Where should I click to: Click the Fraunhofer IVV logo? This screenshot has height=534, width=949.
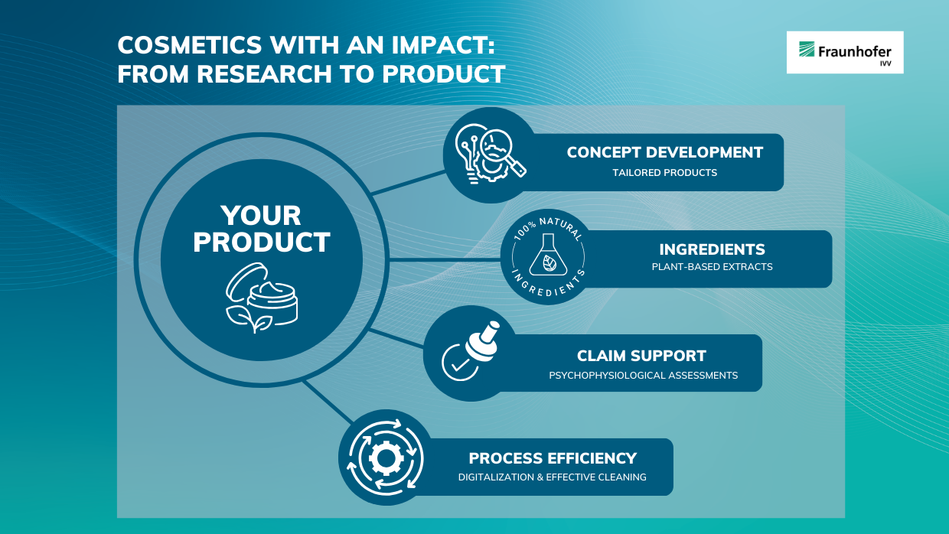click(x=845, y=52)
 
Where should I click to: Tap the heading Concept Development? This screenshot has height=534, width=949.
click(x=665, y=152)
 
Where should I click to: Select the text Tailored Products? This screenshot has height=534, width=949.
click(x=665, y=173)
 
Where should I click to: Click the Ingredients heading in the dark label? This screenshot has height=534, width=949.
click(x=713, y=249)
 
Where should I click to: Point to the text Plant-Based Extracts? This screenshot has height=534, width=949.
click(x=713, y=267)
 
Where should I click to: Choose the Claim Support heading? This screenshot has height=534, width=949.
click(x=641, y=356)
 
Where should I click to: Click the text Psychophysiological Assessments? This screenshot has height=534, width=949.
click(x=643, y=376)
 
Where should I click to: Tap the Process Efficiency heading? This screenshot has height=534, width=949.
click(x=553, y=458)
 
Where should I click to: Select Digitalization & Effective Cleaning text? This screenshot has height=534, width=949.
click(x=553, y=477)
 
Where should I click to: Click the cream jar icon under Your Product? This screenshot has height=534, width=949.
click(x=263, y=298)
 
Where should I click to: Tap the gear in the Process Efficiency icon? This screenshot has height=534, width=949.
click(x=386, y=457)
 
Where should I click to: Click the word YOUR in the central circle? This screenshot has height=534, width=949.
click(x=261, y=216)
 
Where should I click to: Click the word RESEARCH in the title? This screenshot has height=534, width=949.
click(x=264, y=73)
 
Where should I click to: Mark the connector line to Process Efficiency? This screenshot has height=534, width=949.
click(x=328, y=402)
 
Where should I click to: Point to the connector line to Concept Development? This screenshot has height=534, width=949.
click(x=408, y=183)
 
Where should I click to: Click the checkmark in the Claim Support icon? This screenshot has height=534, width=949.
click(x=459, y=365)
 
